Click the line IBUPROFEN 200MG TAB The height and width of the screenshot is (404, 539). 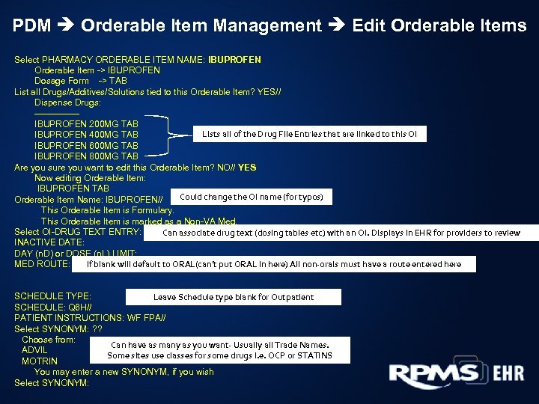click(x=86, y=123)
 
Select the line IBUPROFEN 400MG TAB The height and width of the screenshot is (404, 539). click(x=86, y=135)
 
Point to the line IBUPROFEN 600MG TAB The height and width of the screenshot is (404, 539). click(x=86, y=145)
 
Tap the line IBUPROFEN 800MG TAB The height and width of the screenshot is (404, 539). click(x=86, y=156)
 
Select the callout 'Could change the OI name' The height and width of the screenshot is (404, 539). click(x=252, y=198)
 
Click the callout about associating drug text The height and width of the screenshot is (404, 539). click(x=341, y=233)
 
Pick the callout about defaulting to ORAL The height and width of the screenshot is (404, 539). click(x=274, y=264)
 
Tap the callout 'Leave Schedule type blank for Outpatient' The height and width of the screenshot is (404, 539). click(x=234, y=297)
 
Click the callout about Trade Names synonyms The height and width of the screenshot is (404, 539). click(x=219, y=350)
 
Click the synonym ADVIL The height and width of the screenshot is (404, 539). click(x=34, y=350)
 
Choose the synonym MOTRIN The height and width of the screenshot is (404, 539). click(x=39, y=361)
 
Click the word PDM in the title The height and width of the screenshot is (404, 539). click(x=31, y=25)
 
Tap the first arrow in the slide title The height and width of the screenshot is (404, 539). click(x=66, y=25)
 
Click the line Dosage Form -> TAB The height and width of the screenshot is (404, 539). click(x=81, y=81)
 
